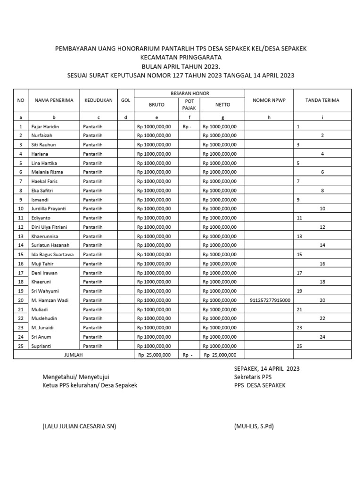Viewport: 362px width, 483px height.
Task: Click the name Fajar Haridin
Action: point(46,127)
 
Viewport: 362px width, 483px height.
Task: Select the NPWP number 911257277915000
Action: point(269,300)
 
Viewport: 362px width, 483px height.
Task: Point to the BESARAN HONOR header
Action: point(190,93)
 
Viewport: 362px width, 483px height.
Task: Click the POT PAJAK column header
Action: point(189,105)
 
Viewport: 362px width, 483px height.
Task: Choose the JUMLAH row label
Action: point(73,355)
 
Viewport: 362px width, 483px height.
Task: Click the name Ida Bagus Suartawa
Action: point(52,255)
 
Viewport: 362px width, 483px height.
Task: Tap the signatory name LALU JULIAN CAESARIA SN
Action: point(79,426)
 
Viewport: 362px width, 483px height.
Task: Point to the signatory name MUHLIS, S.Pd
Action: point(254,426)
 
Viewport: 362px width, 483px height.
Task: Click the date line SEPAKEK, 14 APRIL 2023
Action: point(266,368)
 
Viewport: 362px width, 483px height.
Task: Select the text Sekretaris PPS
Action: point(253,377)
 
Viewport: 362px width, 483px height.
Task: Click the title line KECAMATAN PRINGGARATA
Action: point(181,57)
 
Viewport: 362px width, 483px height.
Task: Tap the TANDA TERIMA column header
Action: point(322,100)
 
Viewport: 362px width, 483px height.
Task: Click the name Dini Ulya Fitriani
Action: point(49,227)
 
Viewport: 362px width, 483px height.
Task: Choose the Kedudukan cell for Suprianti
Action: point(93,346)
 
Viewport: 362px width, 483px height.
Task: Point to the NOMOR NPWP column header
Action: point(269,100)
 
